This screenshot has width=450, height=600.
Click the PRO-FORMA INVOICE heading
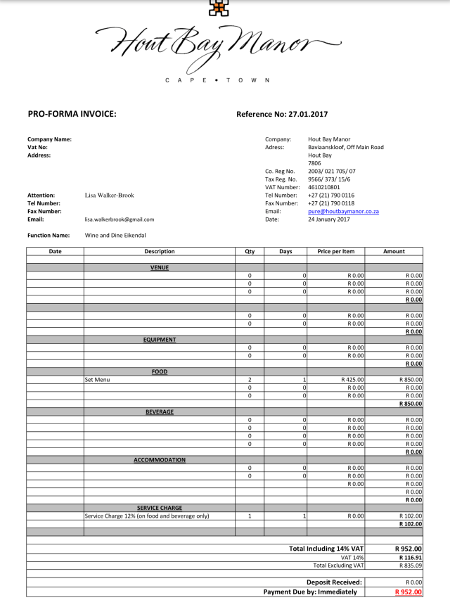[x=72, y=114]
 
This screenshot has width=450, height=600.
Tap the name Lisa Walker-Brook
[x=109, y=195]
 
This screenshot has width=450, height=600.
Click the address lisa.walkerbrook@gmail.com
[x=120, y=219]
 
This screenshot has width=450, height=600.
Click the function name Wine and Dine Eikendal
[x=115, y=236]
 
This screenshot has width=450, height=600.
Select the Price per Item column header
[x=335, y=251]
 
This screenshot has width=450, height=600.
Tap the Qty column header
[x=249, y=251]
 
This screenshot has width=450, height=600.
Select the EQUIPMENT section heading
[x=160, y=340]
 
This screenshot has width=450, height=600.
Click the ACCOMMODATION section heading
[x=160, y=460]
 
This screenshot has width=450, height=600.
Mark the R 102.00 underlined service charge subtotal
[x=410, y=524]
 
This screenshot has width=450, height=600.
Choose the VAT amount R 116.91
[x=410, y=557]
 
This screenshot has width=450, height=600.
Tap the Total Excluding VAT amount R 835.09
[x=410, y=566]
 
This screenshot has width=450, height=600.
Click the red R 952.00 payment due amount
[x=409, y=592]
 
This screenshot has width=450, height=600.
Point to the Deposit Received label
[x=334, y=582]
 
